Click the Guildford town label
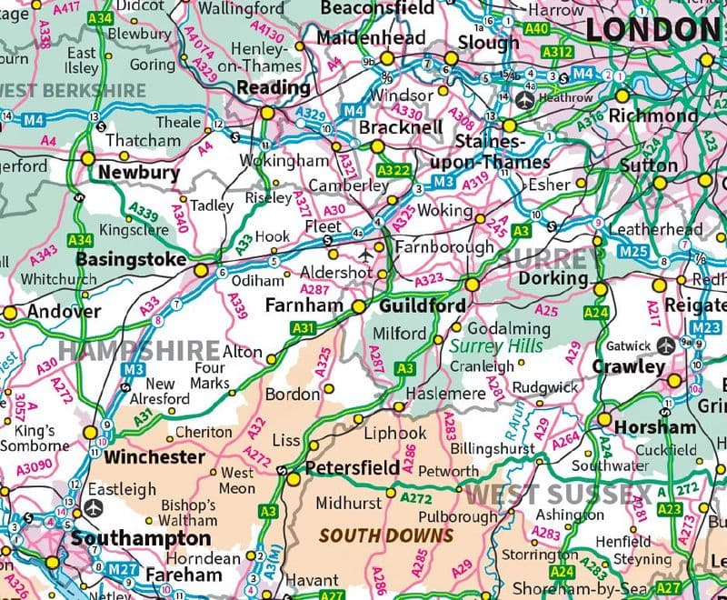(422, 306)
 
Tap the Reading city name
(273, 88)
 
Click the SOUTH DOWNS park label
(386, 535)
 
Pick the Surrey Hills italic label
(496, 345)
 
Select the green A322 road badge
(395, 169)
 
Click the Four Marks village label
(209, 375)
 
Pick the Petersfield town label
(352, 468)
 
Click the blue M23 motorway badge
(705, 329)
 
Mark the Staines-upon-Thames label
(502, 152)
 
